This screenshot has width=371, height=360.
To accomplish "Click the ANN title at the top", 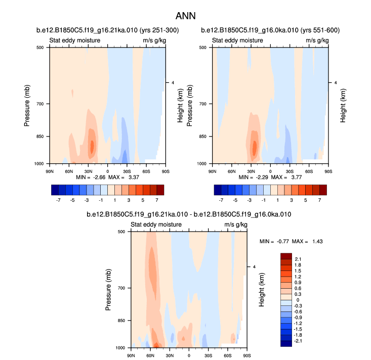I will coord(185,17).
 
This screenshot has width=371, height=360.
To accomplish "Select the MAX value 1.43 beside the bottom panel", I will coord(315,241).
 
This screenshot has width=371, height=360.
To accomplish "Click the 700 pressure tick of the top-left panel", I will coord(40,104).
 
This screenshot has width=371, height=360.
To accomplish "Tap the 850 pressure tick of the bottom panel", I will coord(122,321).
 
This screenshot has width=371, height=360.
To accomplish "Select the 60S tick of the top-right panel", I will coord(309,170).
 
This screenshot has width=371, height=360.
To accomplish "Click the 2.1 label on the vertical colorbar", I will coord(298,259).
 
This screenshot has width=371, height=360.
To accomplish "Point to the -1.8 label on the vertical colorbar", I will coord(299,334).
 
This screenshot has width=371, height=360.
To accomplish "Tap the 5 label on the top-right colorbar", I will coord(308,200).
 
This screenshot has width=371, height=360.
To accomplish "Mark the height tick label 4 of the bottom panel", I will coord(254,266).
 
